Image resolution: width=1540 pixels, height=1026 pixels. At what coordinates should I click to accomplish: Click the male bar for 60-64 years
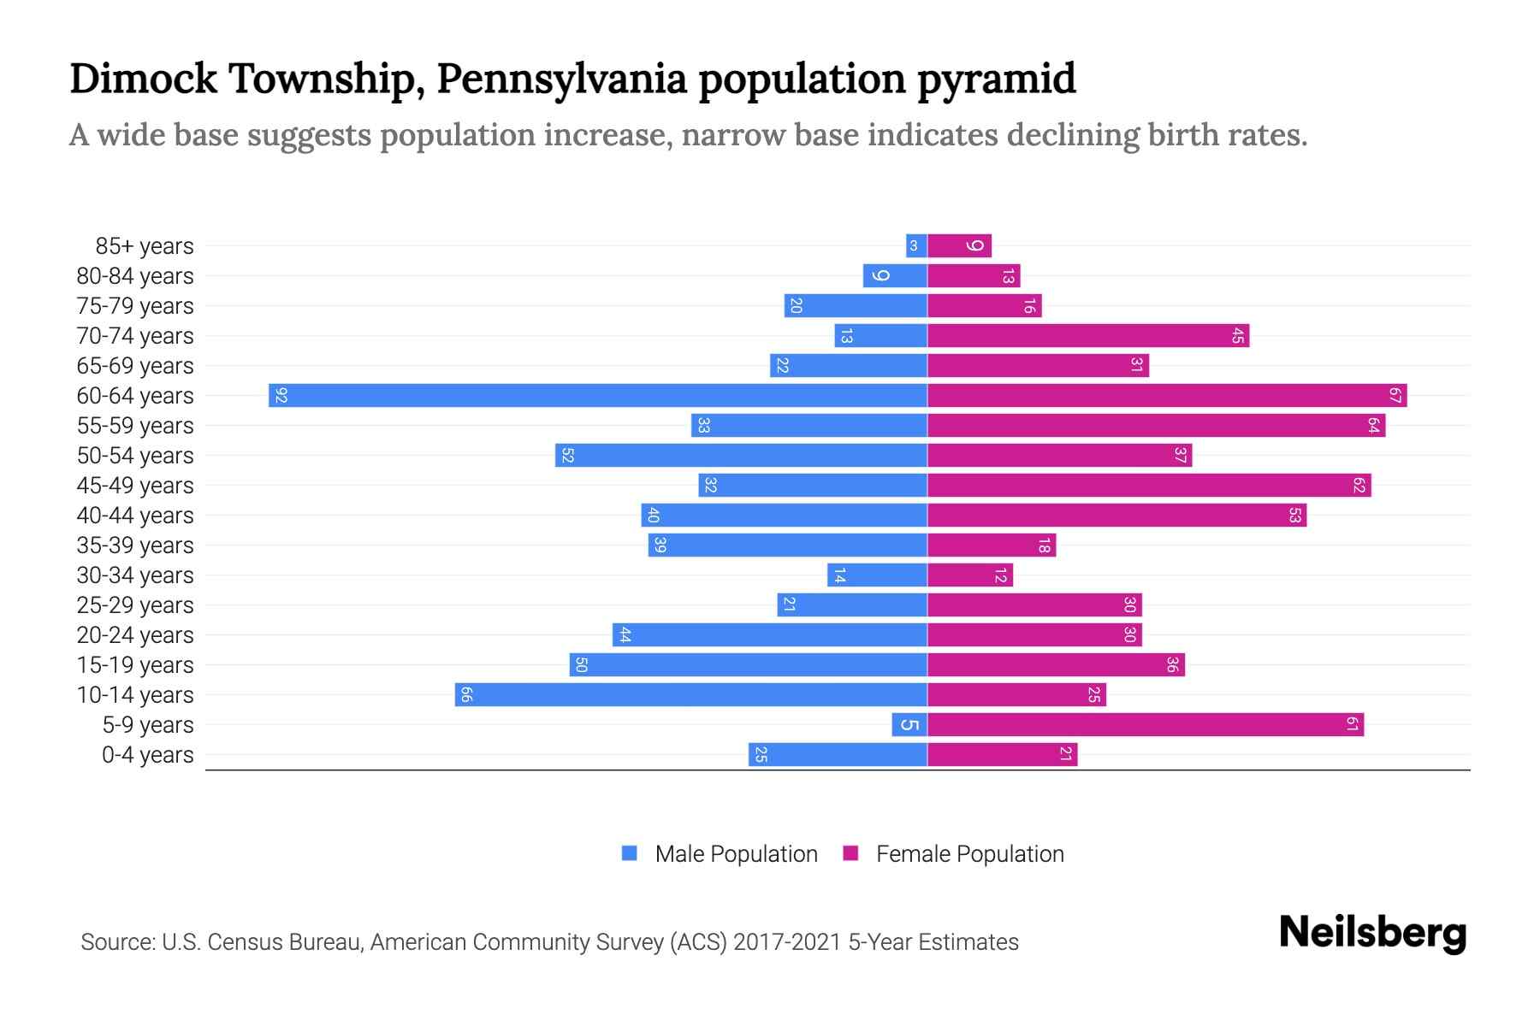coord(599,396)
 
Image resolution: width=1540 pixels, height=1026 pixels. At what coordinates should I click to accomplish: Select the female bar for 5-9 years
coord(1146,725)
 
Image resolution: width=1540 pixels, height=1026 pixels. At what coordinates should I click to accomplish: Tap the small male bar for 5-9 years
coord(909,725)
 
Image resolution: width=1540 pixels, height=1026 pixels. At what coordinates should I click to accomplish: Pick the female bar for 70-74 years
coord(1088,336)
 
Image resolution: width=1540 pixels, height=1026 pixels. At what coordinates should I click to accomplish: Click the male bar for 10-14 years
coord(691,695)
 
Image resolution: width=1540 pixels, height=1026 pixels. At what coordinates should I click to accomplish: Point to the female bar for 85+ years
coord(959,246)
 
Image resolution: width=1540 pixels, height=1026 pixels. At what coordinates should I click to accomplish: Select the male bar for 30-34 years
coord(878,575)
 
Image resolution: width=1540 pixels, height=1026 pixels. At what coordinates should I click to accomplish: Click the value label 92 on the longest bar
coord(281,396)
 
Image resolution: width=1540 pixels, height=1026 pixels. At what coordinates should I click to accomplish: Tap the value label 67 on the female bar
coord(1395,396)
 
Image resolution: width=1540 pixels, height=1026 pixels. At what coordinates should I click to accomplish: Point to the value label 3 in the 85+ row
coord(914,246)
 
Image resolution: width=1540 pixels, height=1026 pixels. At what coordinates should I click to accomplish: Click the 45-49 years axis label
coord(135,486)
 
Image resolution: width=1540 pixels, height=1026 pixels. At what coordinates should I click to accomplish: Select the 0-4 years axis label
coord(147,755)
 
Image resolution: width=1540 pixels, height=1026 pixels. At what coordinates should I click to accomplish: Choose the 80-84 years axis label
coord(135,276)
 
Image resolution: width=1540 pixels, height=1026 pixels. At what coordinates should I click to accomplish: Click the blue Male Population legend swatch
coord(630,853)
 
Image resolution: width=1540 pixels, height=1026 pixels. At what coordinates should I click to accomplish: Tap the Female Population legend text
coord(969,853)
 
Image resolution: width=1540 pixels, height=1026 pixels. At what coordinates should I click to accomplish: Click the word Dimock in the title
coord(144,79)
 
